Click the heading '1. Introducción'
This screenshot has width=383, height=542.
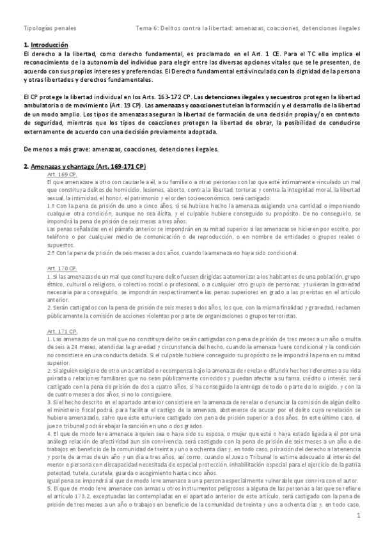(45, 45)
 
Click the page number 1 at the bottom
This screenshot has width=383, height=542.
(359, 515)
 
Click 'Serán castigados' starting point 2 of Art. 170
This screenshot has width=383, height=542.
(71, 308)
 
